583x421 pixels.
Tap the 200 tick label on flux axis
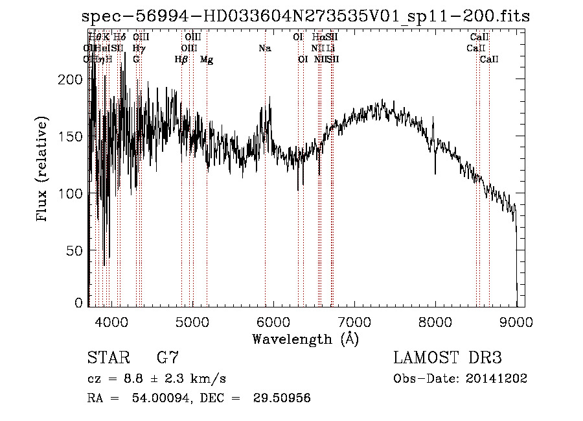70,79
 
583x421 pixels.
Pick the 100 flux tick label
70,193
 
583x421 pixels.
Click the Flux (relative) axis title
43,170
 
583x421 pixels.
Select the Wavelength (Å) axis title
305,339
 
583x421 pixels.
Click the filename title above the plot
306,17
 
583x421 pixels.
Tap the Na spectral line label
264,49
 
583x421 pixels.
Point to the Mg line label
207,60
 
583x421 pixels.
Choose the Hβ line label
181,60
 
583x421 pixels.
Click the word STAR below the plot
104,357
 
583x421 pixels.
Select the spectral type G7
168,357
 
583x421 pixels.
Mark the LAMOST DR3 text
448,357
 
